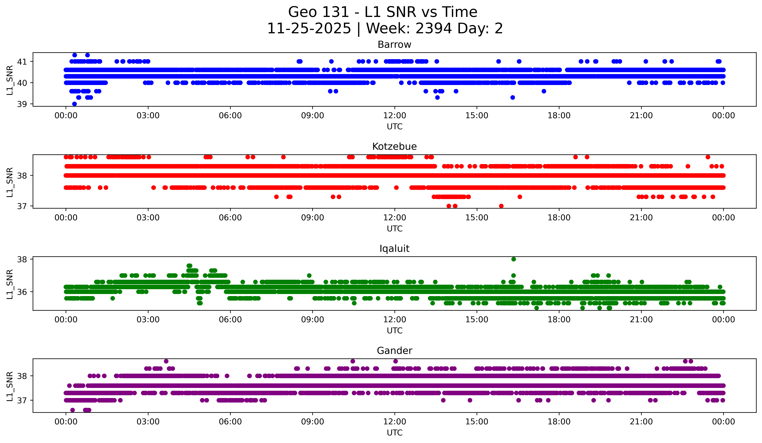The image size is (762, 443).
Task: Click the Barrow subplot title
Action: click(394, 45)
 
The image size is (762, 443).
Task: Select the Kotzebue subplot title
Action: click(394, 146)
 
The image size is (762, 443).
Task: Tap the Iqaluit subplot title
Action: click(394, 249)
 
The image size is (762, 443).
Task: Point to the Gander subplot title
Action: click(394, 351)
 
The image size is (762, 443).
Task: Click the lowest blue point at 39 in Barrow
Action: click(74, 104)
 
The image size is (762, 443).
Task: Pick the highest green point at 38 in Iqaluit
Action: click(513, 259)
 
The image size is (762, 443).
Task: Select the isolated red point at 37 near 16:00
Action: click(501, 206)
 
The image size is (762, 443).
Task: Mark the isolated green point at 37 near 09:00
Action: click(309, 276)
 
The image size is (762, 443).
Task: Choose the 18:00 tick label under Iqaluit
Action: click(559, 319)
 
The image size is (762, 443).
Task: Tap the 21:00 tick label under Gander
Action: click(641, 422)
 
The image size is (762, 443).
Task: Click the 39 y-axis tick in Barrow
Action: click(22, 104)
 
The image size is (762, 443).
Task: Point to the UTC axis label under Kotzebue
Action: click(395, 229)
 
